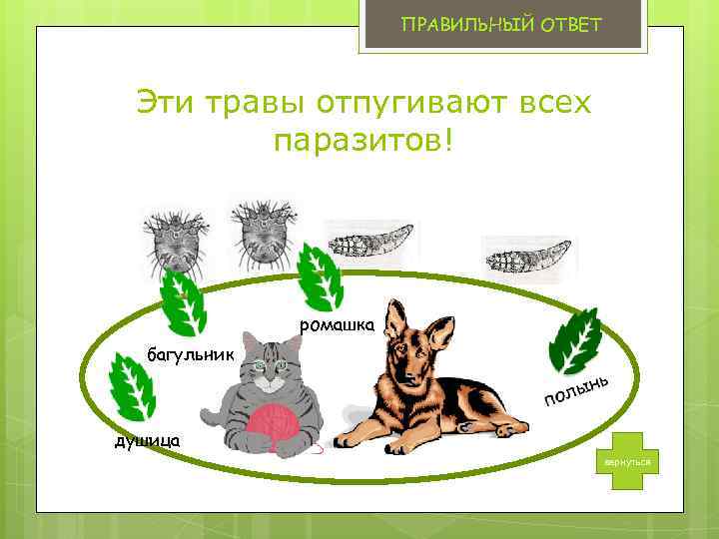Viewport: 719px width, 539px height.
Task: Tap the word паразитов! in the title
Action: click(x=362, y=141)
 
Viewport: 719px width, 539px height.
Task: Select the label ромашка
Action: click(x=338, y=325)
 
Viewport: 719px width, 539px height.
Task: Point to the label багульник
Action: click(x=190, y=353)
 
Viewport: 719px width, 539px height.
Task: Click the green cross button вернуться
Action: click(x=625, y=462)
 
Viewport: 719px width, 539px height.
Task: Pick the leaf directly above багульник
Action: click(x=185, y=304)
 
